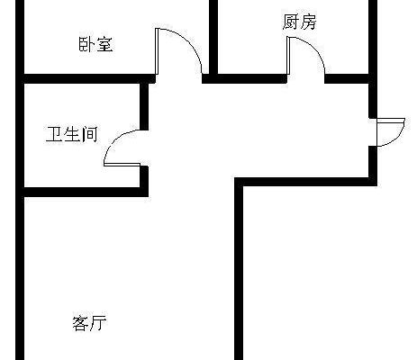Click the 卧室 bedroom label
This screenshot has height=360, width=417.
point(95,44)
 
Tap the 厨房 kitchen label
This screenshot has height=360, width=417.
point(299,22)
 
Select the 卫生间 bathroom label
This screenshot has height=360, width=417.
point(72,134)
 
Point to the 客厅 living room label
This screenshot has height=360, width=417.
point(89,323)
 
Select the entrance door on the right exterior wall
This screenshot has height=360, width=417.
point(391,132)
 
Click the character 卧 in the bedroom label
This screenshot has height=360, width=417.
point(86,44)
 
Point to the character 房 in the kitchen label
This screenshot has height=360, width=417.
point(308,22)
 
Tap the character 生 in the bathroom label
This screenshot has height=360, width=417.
point(72,134)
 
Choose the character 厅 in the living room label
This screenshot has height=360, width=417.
point(98,323)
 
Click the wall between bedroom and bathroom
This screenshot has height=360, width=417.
point(89,78)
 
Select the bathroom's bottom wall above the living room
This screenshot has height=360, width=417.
point(86,193)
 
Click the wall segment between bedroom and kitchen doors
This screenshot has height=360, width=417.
point(244,78)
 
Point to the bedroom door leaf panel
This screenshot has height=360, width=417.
point(157,51)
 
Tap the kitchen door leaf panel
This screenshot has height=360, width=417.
point(288,55)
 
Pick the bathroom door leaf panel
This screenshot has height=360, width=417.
point(122,165)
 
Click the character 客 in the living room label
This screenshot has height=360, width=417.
point(81,323)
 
